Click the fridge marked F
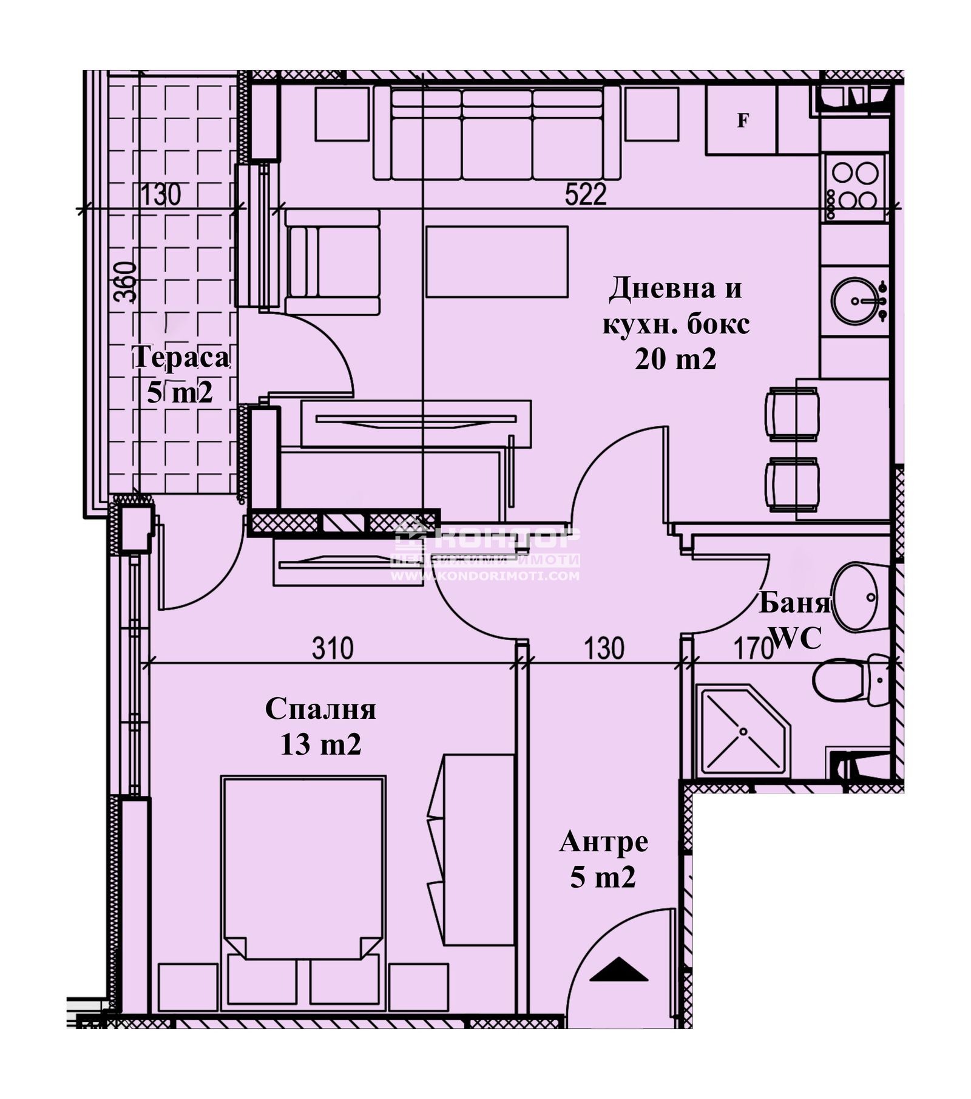click(x=741, y=120)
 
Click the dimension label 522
click(x=586, y=196)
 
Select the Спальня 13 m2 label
click(x=320, y=726)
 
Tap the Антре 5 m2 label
click(x=603, y=859)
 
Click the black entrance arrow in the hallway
click(x=619, y=970)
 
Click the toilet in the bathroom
click(x=850, y=681)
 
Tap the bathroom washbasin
click(x=856, y=597)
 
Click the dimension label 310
click(x=333, y=648)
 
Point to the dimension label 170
click(x=751, y=648)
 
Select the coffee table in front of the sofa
click(x=496, y=262)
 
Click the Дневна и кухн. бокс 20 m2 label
click(x=675, y=323)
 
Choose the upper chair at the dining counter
click(x=792, y=413)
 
